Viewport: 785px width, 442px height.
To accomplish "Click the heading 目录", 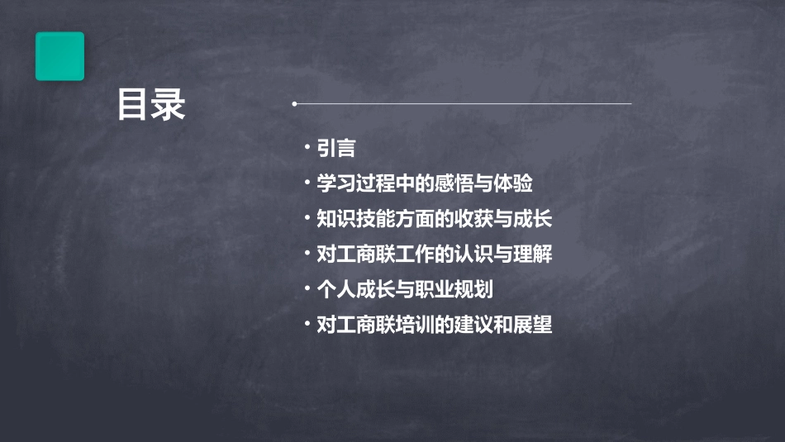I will point(151,105).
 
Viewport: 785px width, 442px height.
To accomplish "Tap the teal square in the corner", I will point(59,56).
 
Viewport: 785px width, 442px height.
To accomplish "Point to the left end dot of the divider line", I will point(294,104).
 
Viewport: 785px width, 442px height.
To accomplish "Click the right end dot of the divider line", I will point(630,104).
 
